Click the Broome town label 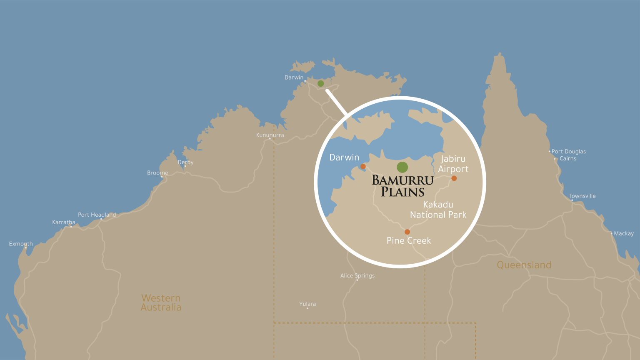tap(157, 173)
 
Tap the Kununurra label tap(270, 135)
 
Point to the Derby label tap(185, 162)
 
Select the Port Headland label tap(97, 215)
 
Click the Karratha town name tap(64, 222)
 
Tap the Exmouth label tap(21, 244)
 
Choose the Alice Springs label tap(357, 276)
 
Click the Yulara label tap(307, 304)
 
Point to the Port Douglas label tap(568, 152)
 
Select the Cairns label tap(568, 159)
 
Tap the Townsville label tap(582, 196)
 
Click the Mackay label tap(624, 234)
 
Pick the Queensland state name tap(524, 265)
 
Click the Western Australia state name tap(161, 303)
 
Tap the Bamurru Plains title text tap(402, 186)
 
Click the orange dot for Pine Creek tap(407, 232)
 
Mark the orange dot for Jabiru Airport tap(454, 178)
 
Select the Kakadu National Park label tap(438, 210)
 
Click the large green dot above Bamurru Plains tap(402, 167)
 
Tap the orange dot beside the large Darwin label tap(363, 167)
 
